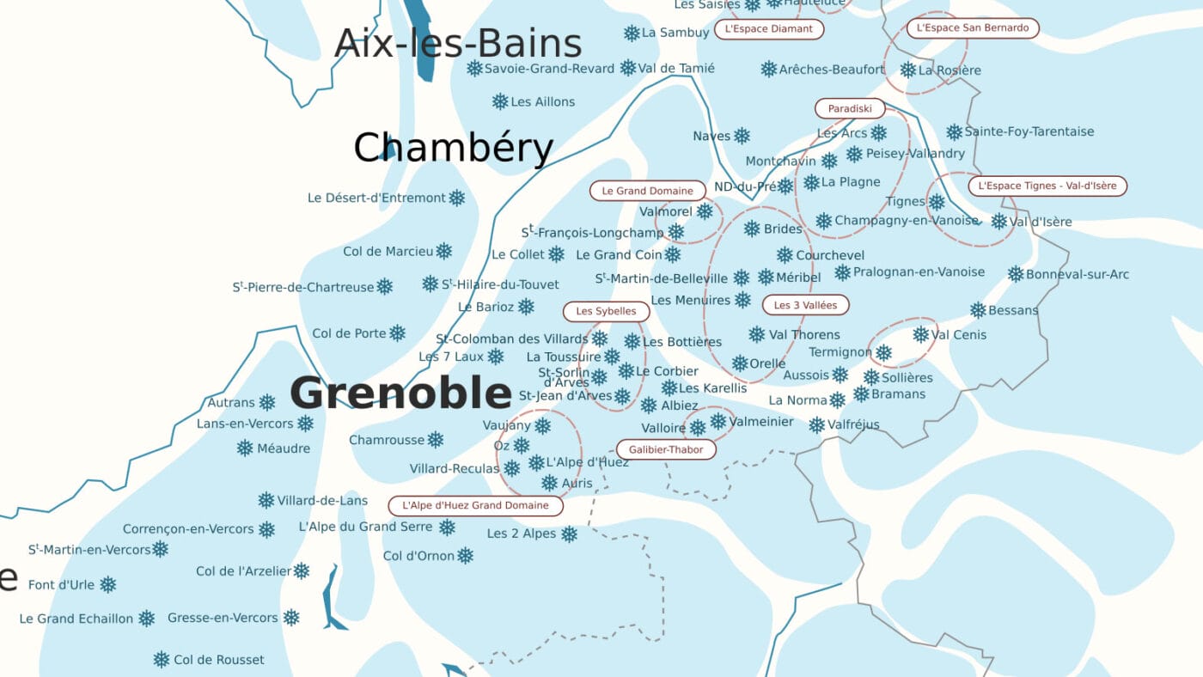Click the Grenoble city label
tap(400, 393)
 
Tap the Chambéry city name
tap(453, 148)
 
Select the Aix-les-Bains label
tap(457, 43)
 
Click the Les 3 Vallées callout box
tap(805, 305)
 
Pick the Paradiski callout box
tap(849, 109)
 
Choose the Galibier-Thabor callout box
tap(665, 449)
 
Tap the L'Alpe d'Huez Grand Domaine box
tap(475, 506)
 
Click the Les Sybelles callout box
tap(606, 311)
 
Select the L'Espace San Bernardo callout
tap(972, 28)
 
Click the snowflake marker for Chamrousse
tap(436, 440)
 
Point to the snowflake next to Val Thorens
tap(756, 334)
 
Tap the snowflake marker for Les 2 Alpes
tap(569, 534)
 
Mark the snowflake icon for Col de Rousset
tap(161, 660)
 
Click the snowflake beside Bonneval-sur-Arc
tap(1015, 274)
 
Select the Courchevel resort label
tap(830, 255)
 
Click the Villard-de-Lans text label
tap(322, 500)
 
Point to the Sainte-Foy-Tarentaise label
tap(1029, 131)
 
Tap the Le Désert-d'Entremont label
tap(376, 198)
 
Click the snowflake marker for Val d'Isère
tap(998, 222)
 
